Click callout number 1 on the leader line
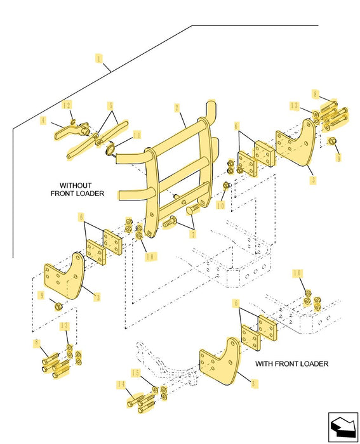pyautogui.click(x=98, y=59)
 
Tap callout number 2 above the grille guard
pyautogui.click(x=177, y=108)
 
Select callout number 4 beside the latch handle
pyautogui.click(x=43, y=121)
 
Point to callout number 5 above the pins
pyautogui.click(x=111, y=106)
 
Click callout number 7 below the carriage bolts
pyautogui.click(x=193, y=234)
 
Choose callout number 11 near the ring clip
pyautogui.click(x=137, y=135)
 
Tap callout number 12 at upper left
pyautogui.click(x=67, y=105)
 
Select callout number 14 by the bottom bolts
pyautogui.click(x=121, y=384)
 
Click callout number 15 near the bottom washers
pyautogui.click(x=136, y=373)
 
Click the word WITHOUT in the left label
pyautogui.click(x=76, y=185)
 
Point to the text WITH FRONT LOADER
pyautogui.click(x=291, y=363)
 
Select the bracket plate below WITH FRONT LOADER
pyautogui.click(x=220, y=361)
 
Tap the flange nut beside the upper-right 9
pyautogui.click(x=331, y=140)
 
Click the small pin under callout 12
pyautogui.click(x=73, y=122)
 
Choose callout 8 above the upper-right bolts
pyautogui.click(x=315, y=94)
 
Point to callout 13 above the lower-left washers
pyautogui.click(x=65, y=325)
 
